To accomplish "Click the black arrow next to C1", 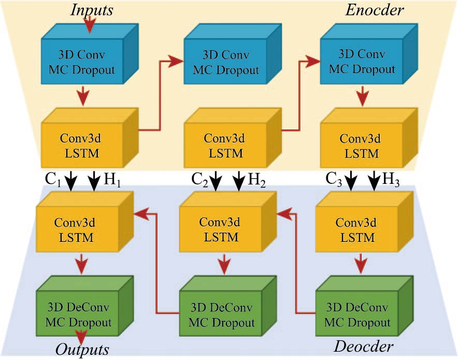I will tap(71, 180).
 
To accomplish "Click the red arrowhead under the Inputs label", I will tap(91, 24).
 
